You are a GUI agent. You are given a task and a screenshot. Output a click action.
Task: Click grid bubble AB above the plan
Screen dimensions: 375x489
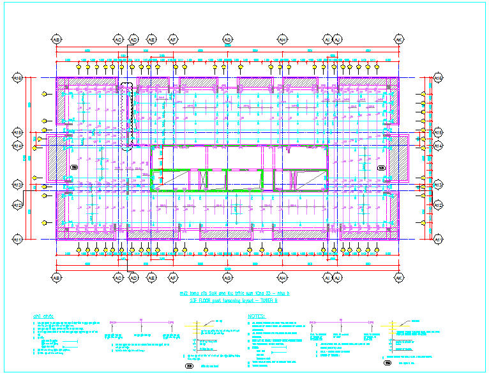pyautogui.click(x=56, y=39)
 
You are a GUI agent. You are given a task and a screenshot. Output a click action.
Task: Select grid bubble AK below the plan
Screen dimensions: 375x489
pyautogui.click(x=398, y=278)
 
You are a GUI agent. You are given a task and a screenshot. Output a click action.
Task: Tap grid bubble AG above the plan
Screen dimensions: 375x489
pyautogui.click(x=227, y=39)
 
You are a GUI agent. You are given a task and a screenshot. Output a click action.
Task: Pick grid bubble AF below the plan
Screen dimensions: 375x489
pyautogui.click(x=172, y=278)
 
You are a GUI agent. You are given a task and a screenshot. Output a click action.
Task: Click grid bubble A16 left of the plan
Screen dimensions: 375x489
pyautogui.click(x=18, y=78)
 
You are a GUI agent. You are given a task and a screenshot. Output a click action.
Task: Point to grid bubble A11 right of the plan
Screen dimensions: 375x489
pyautogui.click(x=438, y=239)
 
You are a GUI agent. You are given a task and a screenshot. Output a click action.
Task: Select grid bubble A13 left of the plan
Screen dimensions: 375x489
pyautogui.click(x=18, y=185)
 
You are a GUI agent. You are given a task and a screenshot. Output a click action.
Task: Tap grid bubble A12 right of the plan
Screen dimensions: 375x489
pyautogui.click(x=438, y=205)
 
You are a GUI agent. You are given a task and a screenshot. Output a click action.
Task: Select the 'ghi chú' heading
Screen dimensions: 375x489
pyautogui.click(x=42, y=316)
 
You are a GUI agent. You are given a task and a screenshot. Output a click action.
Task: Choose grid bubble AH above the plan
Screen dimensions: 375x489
pyautogui.click(x=282, y=39)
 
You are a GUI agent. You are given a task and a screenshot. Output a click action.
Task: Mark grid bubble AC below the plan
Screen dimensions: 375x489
pyautogui.click(x=118, y=278)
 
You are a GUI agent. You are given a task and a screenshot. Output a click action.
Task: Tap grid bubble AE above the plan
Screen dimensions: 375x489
pyautogui.click(x=152, y=39)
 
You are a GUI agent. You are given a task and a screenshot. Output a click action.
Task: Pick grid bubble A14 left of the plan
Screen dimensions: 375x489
pyautogui.click(x=18, y=146)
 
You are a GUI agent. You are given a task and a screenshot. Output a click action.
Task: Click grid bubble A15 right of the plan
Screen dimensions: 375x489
pyautogui.click(x=438, y=132)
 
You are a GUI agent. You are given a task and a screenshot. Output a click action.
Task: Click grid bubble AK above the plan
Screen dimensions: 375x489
pyautogui.click(x=398, y=39)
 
